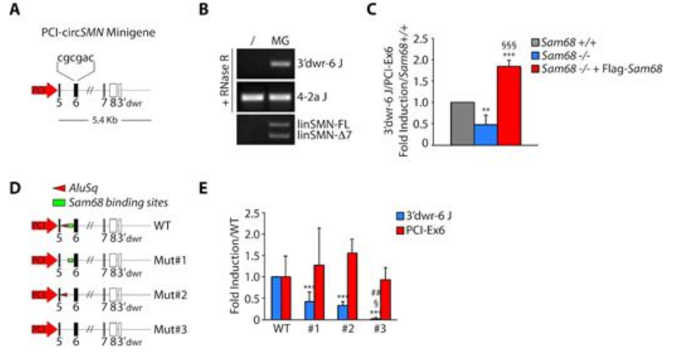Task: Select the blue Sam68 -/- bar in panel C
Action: [483, 133]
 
